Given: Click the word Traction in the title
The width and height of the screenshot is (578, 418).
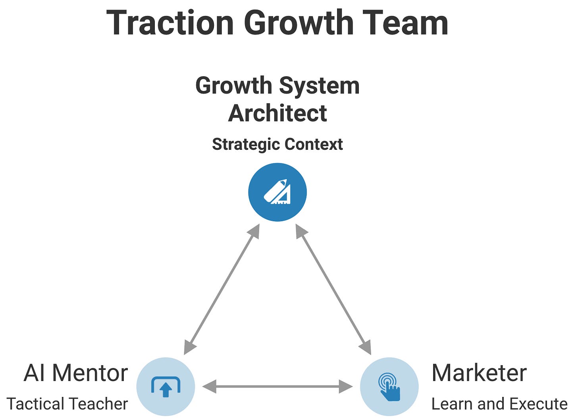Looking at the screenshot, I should click(170, 23).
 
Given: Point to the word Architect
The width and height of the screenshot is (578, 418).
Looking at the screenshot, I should click(277, 113).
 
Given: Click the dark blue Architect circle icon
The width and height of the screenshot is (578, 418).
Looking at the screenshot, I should click(277, 192).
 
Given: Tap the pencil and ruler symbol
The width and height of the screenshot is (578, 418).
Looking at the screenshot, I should click(277, 192).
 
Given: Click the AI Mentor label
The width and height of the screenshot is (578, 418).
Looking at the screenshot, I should click(75, 373).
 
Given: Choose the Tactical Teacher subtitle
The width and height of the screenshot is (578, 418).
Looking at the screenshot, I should click(67, 404).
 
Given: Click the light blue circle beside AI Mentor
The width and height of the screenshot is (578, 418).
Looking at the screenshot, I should click(166, 386).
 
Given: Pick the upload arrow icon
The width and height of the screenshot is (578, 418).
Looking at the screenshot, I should click(166, 387).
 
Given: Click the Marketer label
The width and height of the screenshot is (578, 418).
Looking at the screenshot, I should click(479, 373).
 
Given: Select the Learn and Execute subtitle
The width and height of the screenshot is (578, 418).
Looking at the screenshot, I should click(499, 404).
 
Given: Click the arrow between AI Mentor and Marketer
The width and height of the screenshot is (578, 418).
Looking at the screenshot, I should click(277, 386).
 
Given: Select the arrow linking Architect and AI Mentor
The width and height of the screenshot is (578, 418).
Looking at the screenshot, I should click(222, 289).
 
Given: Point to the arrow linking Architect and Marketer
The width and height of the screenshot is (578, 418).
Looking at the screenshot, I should click(333, 289).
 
